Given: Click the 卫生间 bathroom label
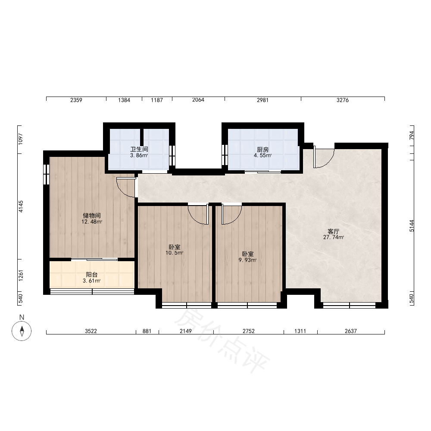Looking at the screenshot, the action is click(139, 149).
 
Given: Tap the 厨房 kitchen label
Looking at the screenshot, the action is click(263, 150).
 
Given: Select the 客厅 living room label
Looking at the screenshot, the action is click(334, 231).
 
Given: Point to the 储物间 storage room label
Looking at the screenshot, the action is click(92, 215).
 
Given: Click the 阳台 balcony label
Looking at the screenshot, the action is click(92, 275).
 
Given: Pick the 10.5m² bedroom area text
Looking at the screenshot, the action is click(174, 253).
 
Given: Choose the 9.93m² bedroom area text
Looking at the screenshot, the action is click(248, 260).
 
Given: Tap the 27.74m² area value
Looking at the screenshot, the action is click(334, 237).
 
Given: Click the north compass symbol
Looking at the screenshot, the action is click(22, 331).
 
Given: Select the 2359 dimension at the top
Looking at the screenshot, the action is click(76, 100).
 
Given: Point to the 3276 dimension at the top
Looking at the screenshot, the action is click(343, 100).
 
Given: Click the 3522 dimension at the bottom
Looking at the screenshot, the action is click(91, 331).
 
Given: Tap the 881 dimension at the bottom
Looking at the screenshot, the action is click(147, 331).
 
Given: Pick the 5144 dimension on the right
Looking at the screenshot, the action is click(412, 226).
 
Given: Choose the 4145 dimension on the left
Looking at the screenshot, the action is click(21, 206).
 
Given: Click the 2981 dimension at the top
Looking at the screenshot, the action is click(262, 100).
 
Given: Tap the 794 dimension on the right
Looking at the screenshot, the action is click(412, 135).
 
